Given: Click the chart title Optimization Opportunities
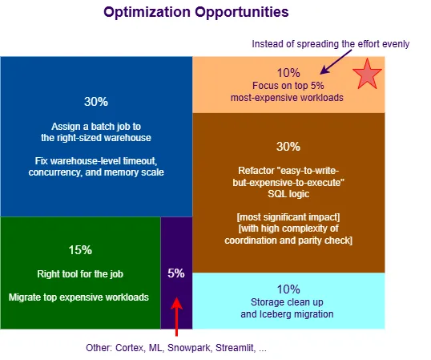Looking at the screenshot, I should (196, 13).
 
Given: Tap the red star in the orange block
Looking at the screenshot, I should (367, 74).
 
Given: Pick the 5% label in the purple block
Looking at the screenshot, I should (176, 273).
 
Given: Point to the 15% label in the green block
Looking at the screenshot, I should (79, 249).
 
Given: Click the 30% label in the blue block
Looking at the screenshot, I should (95, 102).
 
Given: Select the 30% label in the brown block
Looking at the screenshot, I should (288, 147).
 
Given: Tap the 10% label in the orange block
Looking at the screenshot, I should (288, 71).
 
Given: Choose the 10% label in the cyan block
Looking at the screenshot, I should (288, 289).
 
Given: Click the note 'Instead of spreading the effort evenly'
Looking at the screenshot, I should (331, 43).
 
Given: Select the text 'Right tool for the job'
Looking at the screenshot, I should (79, 273).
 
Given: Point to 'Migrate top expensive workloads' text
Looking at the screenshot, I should (79, 297).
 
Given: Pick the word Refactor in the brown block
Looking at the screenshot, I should (259, 171).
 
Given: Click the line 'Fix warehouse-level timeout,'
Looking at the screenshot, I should (95, 161).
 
